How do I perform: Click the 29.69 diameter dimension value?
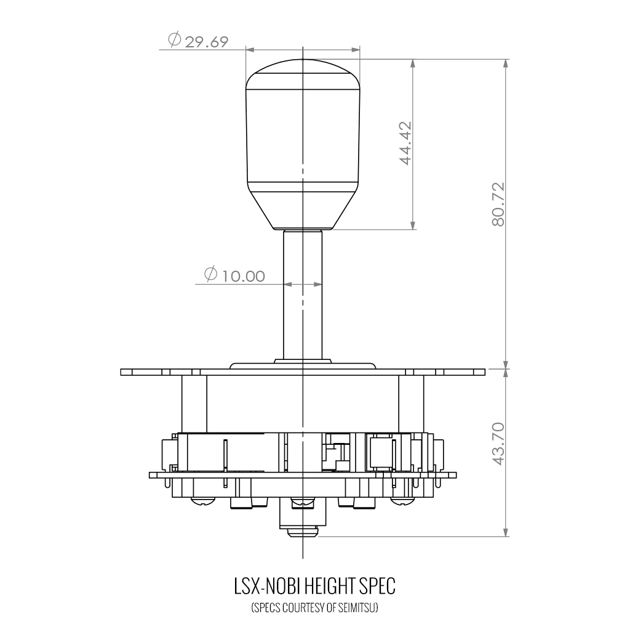pyautogui.click(x=207, y=41)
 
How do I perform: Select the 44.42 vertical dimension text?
pyautogui.click(x=405, y=143)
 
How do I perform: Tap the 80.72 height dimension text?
pyautogui.click(x=498, y=204)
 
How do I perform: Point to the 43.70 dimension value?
pyautogui.click(x=498, y=444)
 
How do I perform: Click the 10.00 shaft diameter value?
pyautogui.click(x=244, y=276)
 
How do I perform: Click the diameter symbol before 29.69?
pyautogui.click(x=174, y=40)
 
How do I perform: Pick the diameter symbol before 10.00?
pyautogui.click(x=210, y=274)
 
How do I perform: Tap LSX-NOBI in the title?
pyautogui.click(x=267, y=586)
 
